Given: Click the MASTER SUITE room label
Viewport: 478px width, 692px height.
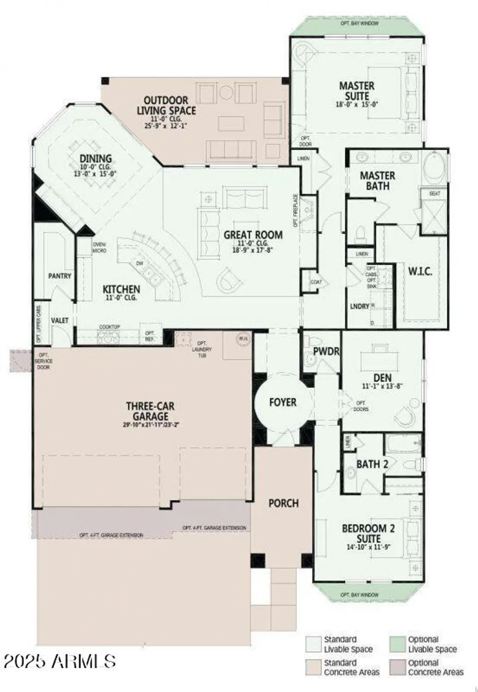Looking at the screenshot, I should pyautogui.click(x=356, y=91).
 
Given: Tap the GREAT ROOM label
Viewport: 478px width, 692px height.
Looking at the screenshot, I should pyautogui.click(x=253, y=235).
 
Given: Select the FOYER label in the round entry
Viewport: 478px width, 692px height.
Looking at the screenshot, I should pyautogui.click(x=283, y=402).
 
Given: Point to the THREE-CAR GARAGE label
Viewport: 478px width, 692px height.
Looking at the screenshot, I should pyautogui.click(x=150, y=411).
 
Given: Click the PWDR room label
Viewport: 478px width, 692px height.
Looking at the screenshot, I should pyautogui.click(x=326, y=352).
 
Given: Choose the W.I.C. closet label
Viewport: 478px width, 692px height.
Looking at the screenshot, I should pyautogui.click(x=420, y=271).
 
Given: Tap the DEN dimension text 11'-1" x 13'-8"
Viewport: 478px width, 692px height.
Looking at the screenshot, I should pyautogui.click(x=383, y=387).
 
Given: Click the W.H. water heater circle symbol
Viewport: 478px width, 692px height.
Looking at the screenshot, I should pyautogui.click(x=243, y=339).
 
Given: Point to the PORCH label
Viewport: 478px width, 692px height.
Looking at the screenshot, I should pyautogui.click(x=283, y=503).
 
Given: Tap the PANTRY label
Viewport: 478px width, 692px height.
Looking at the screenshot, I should pyautogui.click(x=60, y=276).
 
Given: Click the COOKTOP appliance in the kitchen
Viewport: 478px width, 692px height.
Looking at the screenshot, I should pyautogui.click(x=109, y=337).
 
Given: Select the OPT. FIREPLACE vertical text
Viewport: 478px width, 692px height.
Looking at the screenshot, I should pyautogui.click(x=295, y=211).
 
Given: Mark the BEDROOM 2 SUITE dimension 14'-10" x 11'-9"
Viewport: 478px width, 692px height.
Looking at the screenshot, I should pyautogui.click(x=368, y=548).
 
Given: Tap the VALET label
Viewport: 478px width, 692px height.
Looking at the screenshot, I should pyautogui.click(x=59, y=320).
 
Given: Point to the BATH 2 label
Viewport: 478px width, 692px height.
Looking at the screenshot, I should pyautogui.click(x=372, y=464).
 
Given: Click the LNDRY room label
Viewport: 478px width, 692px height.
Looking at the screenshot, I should pyautogui.click(x=360, y=306).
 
